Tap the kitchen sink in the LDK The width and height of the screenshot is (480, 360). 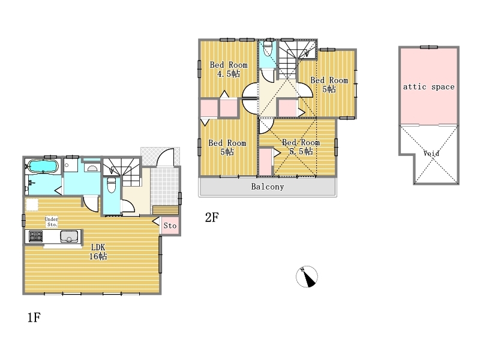pos(69,236)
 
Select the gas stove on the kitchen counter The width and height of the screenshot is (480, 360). pos(36,236)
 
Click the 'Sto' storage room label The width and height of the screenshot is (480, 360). pos(170,226)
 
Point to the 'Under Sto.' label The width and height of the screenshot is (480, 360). pos(51,221)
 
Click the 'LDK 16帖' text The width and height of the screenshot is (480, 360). pos(98,251)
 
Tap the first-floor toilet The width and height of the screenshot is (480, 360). pos(112,185)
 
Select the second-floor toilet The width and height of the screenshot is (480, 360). pos(268,47)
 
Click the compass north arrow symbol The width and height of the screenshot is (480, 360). pos(307,277)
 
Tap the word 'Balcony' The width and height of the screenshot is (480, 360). pos(267,187)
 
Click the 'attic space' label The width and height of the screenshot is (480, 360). pos(428,87)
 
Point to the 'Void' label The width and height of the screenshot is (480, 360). pos(431,153)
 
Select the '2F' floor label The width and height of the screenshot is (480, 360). pos(212,218)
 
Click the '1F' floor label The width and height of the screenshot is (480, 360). pos(34,317)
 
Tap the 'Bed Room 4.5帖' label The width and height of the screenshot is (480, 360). pos(229,69)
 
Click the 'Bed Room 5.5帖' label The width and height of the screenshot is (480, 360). pos(301,147)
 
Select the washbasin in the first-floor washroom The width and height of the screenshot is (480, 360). pos(92,168)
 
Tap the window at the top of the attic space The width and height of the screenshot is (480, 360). pos(429,47)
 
